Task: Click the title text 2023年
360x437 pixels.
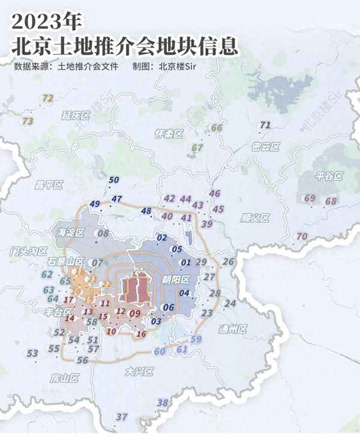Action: (x=45, y=22)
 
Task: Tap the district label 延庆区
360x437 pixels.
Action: (x=75, y=115)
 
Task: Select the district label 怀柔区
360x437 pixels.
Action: (x=168, y=134)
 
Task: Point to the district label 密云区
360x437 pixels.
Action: (x=266, y=146)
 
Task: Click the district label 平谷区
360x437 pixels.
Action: (x=328, y=176)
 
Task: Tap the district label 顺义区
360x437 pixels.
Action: (x=255, y=218)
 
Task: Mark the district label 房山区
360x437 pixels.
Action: (x=65, y=378)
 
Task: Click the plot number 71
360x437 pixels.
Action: (x=266, y=125)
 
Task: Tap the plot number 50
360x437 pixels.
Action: (x=114, y=180)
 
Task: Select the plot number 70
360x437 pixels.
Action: (x=302, y=236)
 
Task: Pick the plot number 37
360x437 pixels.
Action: (x=122, y=417)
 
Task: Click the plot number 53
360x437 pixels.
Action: (x=32, y=353)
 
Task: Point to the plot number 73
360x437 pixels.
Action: (x=28, y=120)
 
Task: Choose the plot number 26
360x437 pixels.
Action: (x=228, y=261)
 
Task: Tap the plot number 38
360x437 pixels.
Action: (x=162, y=402)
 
